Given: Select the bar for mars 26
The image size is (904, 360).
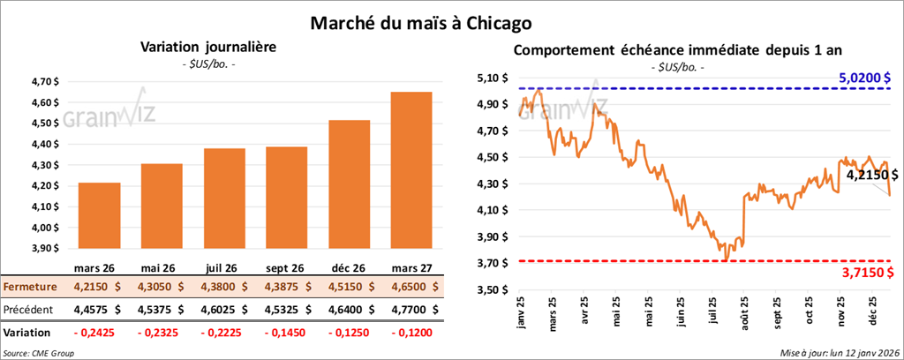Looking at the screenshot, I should [x=100, y=221].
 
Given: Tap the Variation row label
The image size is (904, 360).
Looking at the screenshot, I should [x=27, y=333].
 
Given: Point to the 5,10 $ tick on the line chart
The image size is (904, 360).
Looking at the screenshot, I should [x=492, y=78].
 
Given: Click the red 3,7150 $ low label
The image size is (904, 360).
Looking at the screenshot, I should [x=864, y=274].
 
